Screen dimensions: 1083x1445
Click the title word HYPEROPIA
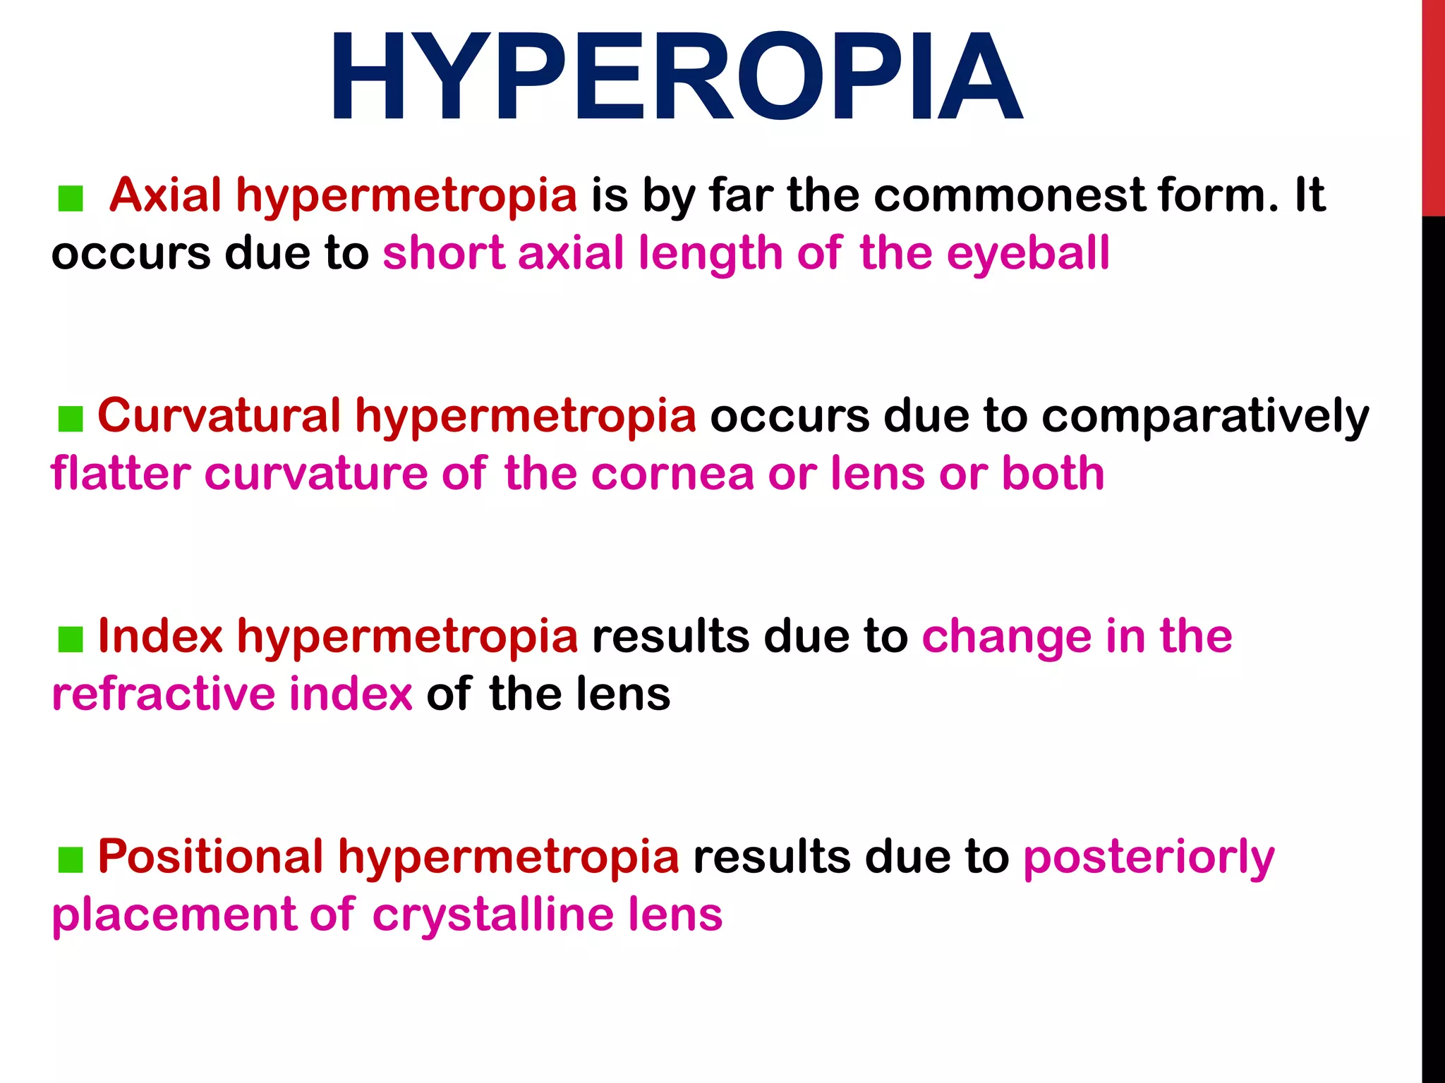click(x=676, y=78)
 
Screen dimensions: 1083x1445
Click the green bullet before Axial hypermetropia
click(x=71, y=199)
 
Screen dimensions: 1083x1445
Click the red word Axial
click(x=166, y=195)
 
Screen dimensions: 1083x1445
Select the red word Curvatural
click(x=219, y=415)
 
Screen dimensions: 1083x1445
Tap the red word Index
click(x=160, y=636)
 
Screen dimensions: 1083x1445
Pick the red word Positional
click(x=210, y=856)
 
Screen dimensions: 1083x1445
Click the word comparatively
click(x=1205, y=417)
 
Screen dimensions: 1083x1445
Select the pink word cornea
click(x=672, y=474)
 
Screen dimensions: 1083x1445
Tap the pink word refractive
click(x=163, y=694)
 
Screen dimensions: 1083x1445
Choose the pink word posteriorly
click(x=1149, y=857)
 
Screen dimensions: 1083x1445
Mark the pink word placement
click(x=174, y=915)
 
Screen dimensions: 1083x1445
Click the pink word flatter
click(x=121, y=473)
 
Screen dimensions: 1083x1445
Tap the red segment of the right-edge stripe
click(x=1433, y=106)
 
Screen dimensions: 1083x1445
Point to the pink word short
click(x=443, y=253)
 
